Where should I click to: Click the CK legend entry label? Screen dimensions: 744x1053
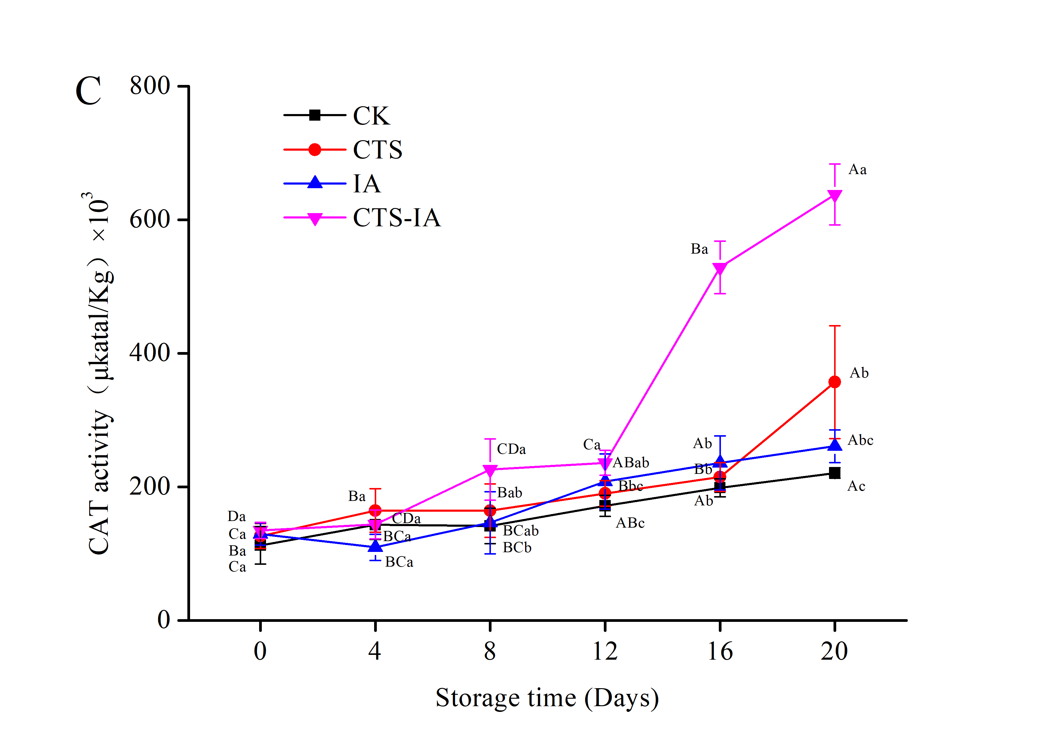click(371, 116)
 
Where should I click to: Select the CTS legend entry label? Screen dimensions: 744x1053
click(377, 150)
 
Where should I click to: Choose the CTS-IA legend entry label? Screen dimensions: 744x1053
click(397, 218)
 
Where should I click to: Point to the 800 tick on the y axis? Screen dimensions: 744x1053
click(150, 86)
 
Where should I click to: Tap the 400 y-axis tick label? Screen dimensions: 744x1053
click(150, 353)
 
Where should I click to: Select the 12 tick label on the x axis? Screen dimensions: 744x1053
click(605, 651)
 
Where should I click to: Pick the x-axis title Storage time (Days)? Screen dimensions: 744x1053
click(547, 698)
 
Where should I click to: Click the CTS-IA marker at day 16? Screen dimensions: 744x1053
click(720, 268)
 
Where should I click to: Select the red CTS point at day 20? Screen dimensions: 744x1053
click(835, 382)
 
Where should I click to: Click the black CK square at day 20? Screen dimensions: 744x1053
click(835, 473)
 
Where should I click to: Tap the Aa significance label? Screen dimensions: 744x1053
click(857, 170)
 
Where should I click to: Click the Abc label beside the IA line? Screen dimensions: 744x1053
click(860, 440)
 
